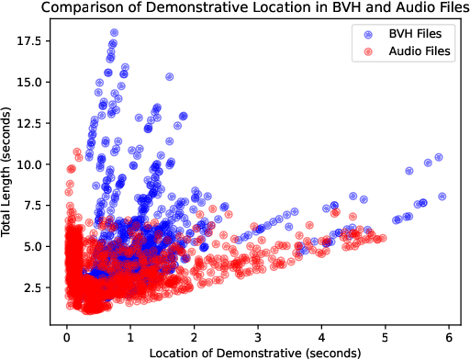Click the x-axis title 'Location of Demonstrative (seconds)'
pyautogui.click(x=257, y=351)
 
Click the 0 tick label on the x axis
pyautogui.click(x=67, y=333)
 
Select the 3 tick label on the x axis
pyautogui.click(x=258, y=333)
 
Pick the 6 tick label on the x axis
pyautogui.click(x=449, y=333)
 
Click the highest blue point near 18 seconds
pyautogui.click(x=114, y=33)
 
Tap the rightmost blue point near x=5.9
pyautogui.click(x=442, y=196)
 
